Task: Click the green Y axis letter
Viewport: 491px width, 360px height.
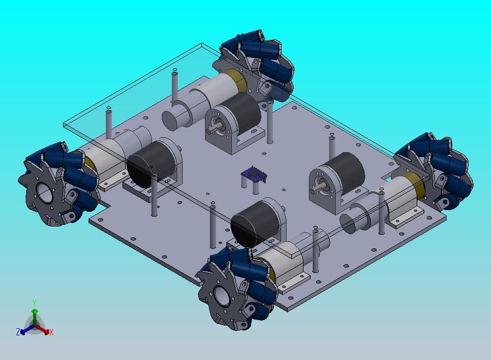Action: (x=34, y=303)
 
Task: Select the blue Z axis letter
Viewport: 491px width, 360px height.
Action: (x=18, y=332)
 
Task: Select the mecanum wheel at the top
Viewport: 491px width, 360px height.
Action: (x=255, y=66)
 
